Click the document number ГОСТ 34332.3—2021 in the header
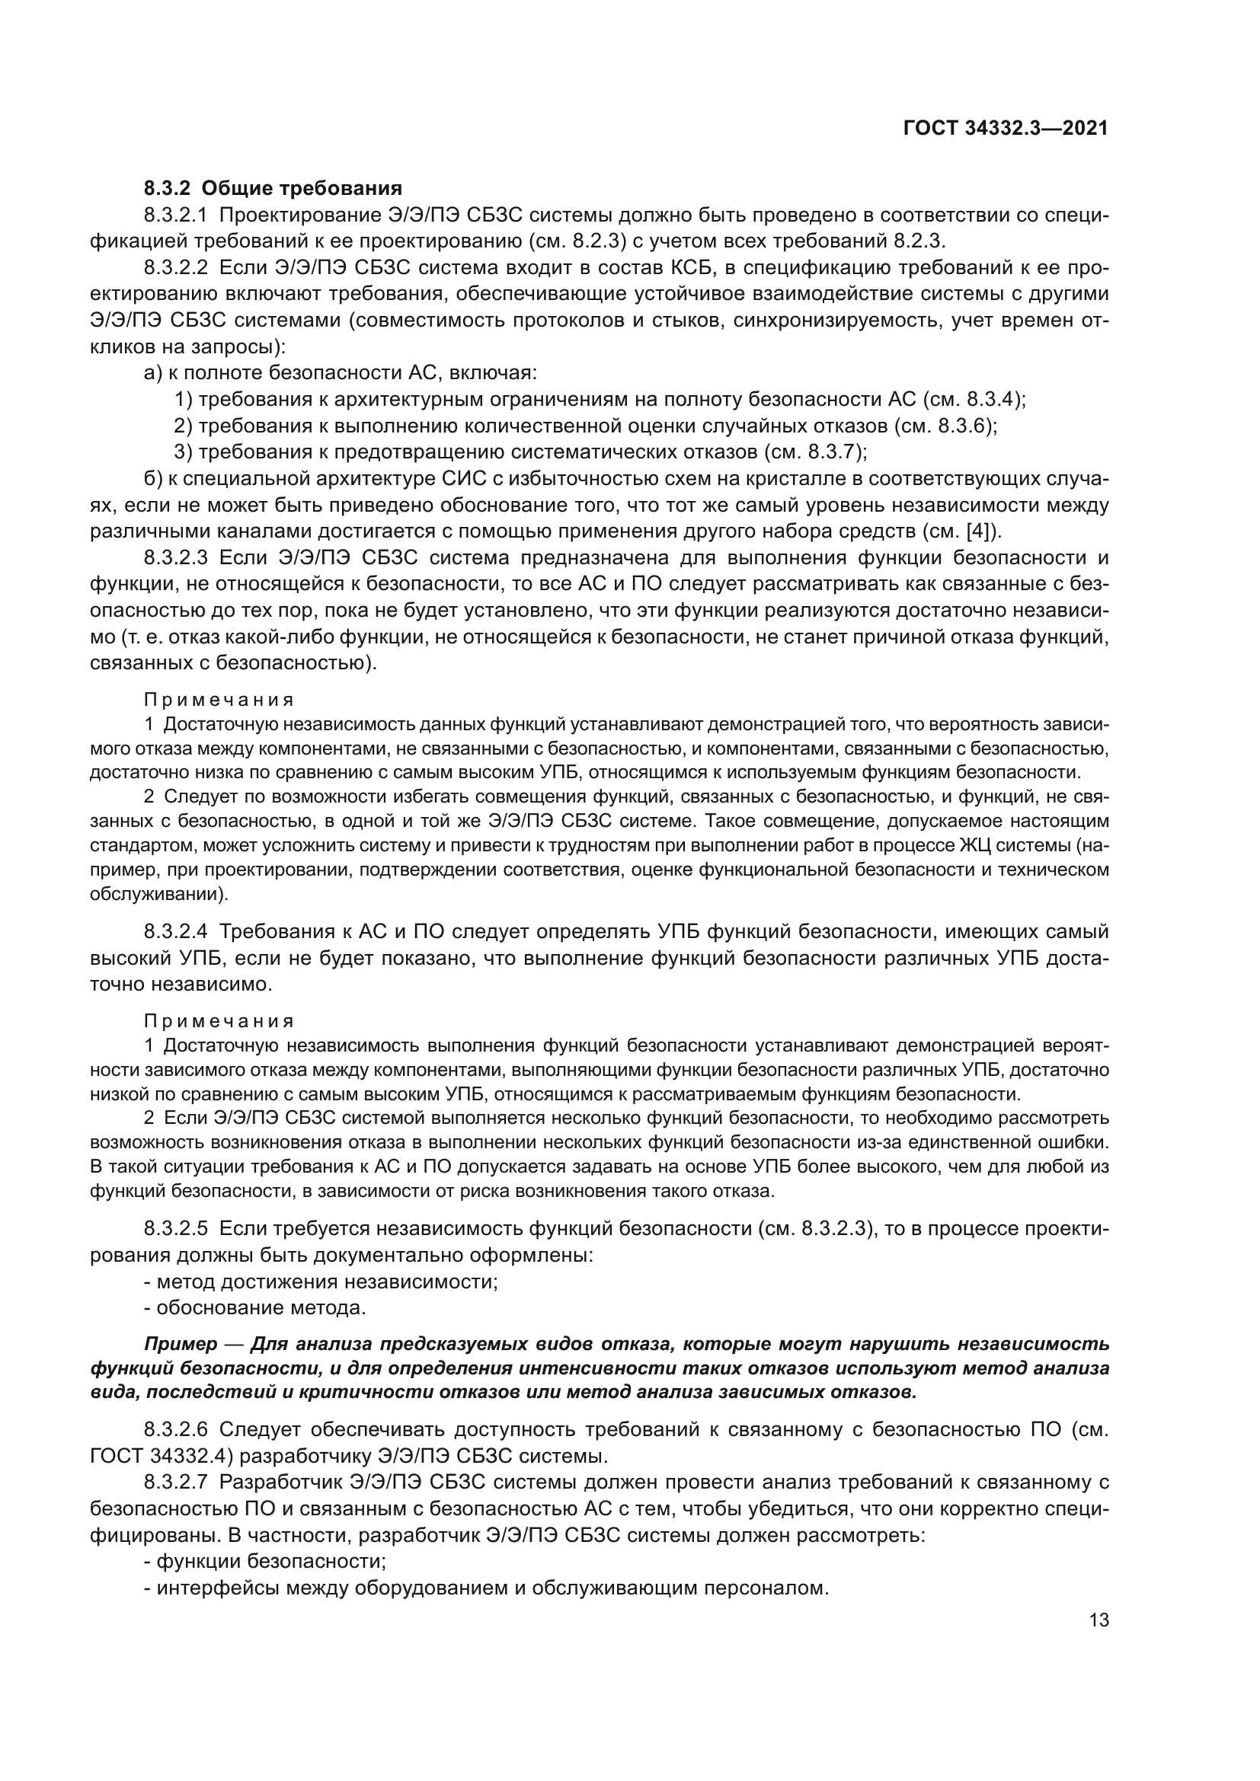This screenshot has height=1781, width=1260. [1006, 128]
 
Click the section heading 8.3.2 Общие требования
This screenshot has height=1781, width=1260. [273, 189]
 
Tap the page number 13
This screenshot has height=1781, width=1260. [1099, 1620]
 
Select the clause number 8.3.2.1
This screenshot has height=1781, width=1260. [176, 215]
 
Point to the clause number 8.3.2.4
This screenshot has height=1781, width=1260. [176, 931]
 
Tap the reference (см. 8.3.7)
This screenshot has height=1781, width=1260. [815, 452]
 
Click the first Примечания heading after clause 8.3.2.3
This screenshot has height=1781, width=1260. [219, 700]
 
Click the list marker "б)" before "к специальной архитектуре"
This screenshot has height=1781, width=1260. [153, 479]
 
